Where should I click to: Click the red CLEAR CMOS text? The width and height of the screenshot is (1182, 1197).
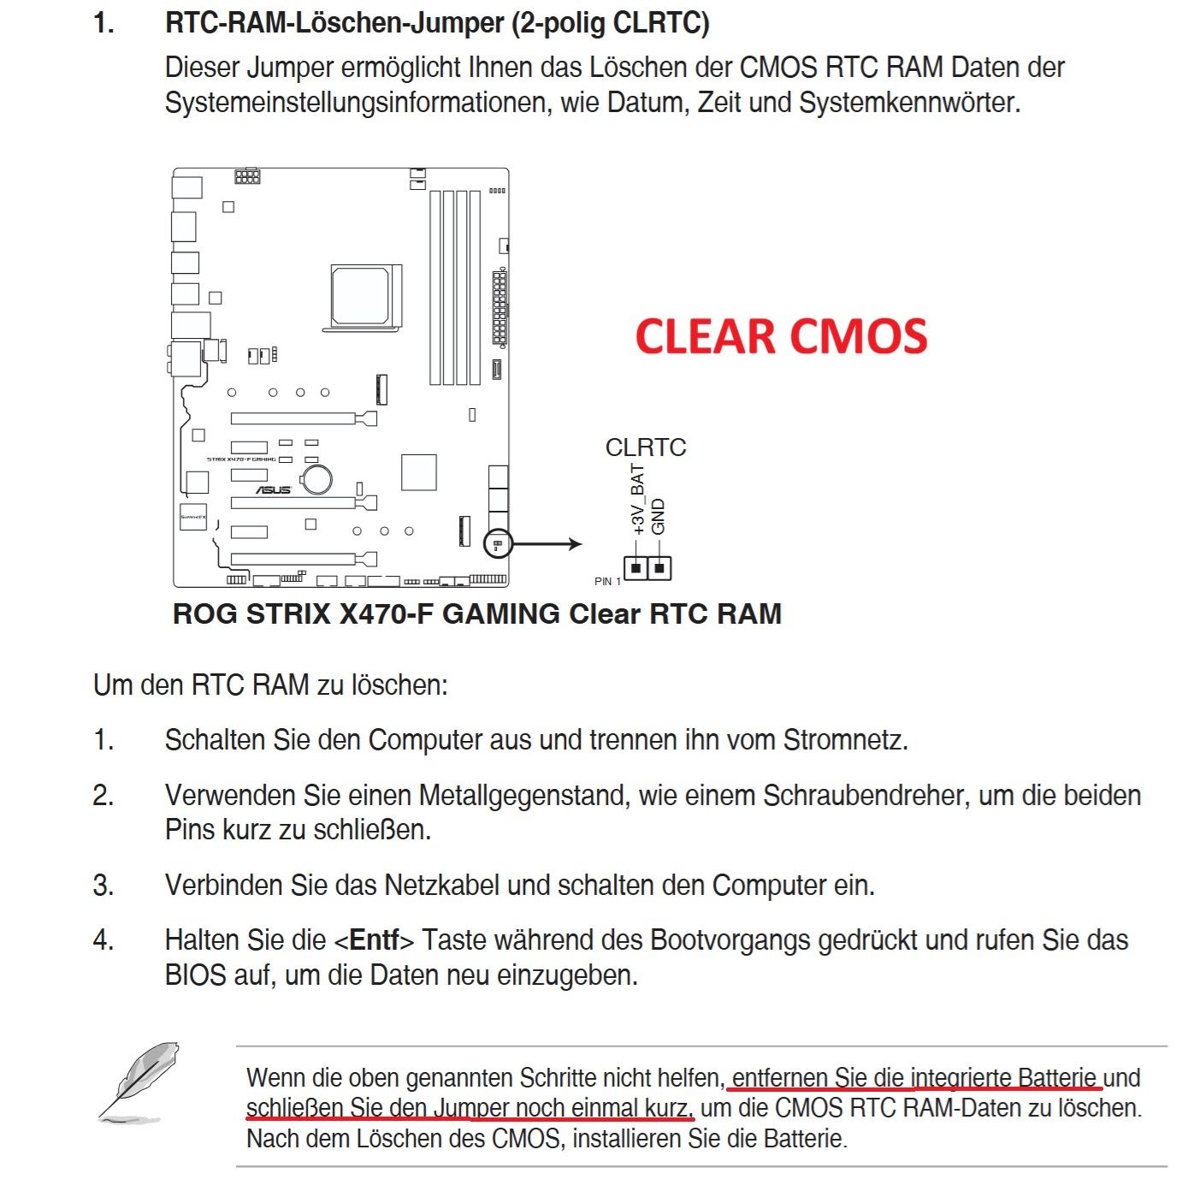pyautogui.click(x=781, y=336)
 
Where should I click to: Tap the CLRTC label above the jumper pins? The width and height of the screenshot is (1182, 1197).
pyautogui.click(x=645, y=447)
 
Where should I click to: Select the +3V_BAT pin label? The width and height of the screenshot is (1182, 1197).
pyautogui.click(x=637, y=500)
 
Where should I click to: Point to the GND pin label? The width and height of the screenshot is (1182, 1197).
pyautogui.click(x=658, y=517)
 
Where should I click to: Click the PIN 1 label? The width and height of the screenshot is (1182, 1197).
pyautogui.click(x=607, y=582)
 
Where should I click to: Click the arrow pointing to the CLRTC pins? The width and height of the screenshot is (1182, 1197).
pyautogui.click(x=548, y=543)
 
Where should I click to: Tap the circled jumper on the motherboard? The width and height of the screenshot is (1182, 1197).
pyautogui.click(x=497, y=543)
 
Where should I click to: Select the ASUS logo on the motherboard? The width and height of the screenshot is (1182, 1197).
pyautogui.click(x=274, y=490)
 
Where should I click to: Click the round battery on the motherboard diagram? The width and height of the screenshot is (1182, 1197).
pyautogui.click(x=319, y=478)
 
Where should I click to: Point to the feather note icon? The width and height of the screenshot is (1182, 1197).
pyautogui.click(x=139, y=1081)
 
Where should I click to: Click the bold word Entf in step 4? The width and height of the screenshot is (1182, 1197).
pyautogui.click(x=374, y=940)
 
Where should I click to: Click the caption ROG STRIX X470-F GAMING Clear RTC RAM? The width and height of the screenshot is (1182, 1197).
pyautogui.click(x=476, y=614)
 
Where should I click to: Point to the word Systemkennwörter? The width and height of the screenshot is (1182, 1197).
pyautogui.click(x=909, y=103)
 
